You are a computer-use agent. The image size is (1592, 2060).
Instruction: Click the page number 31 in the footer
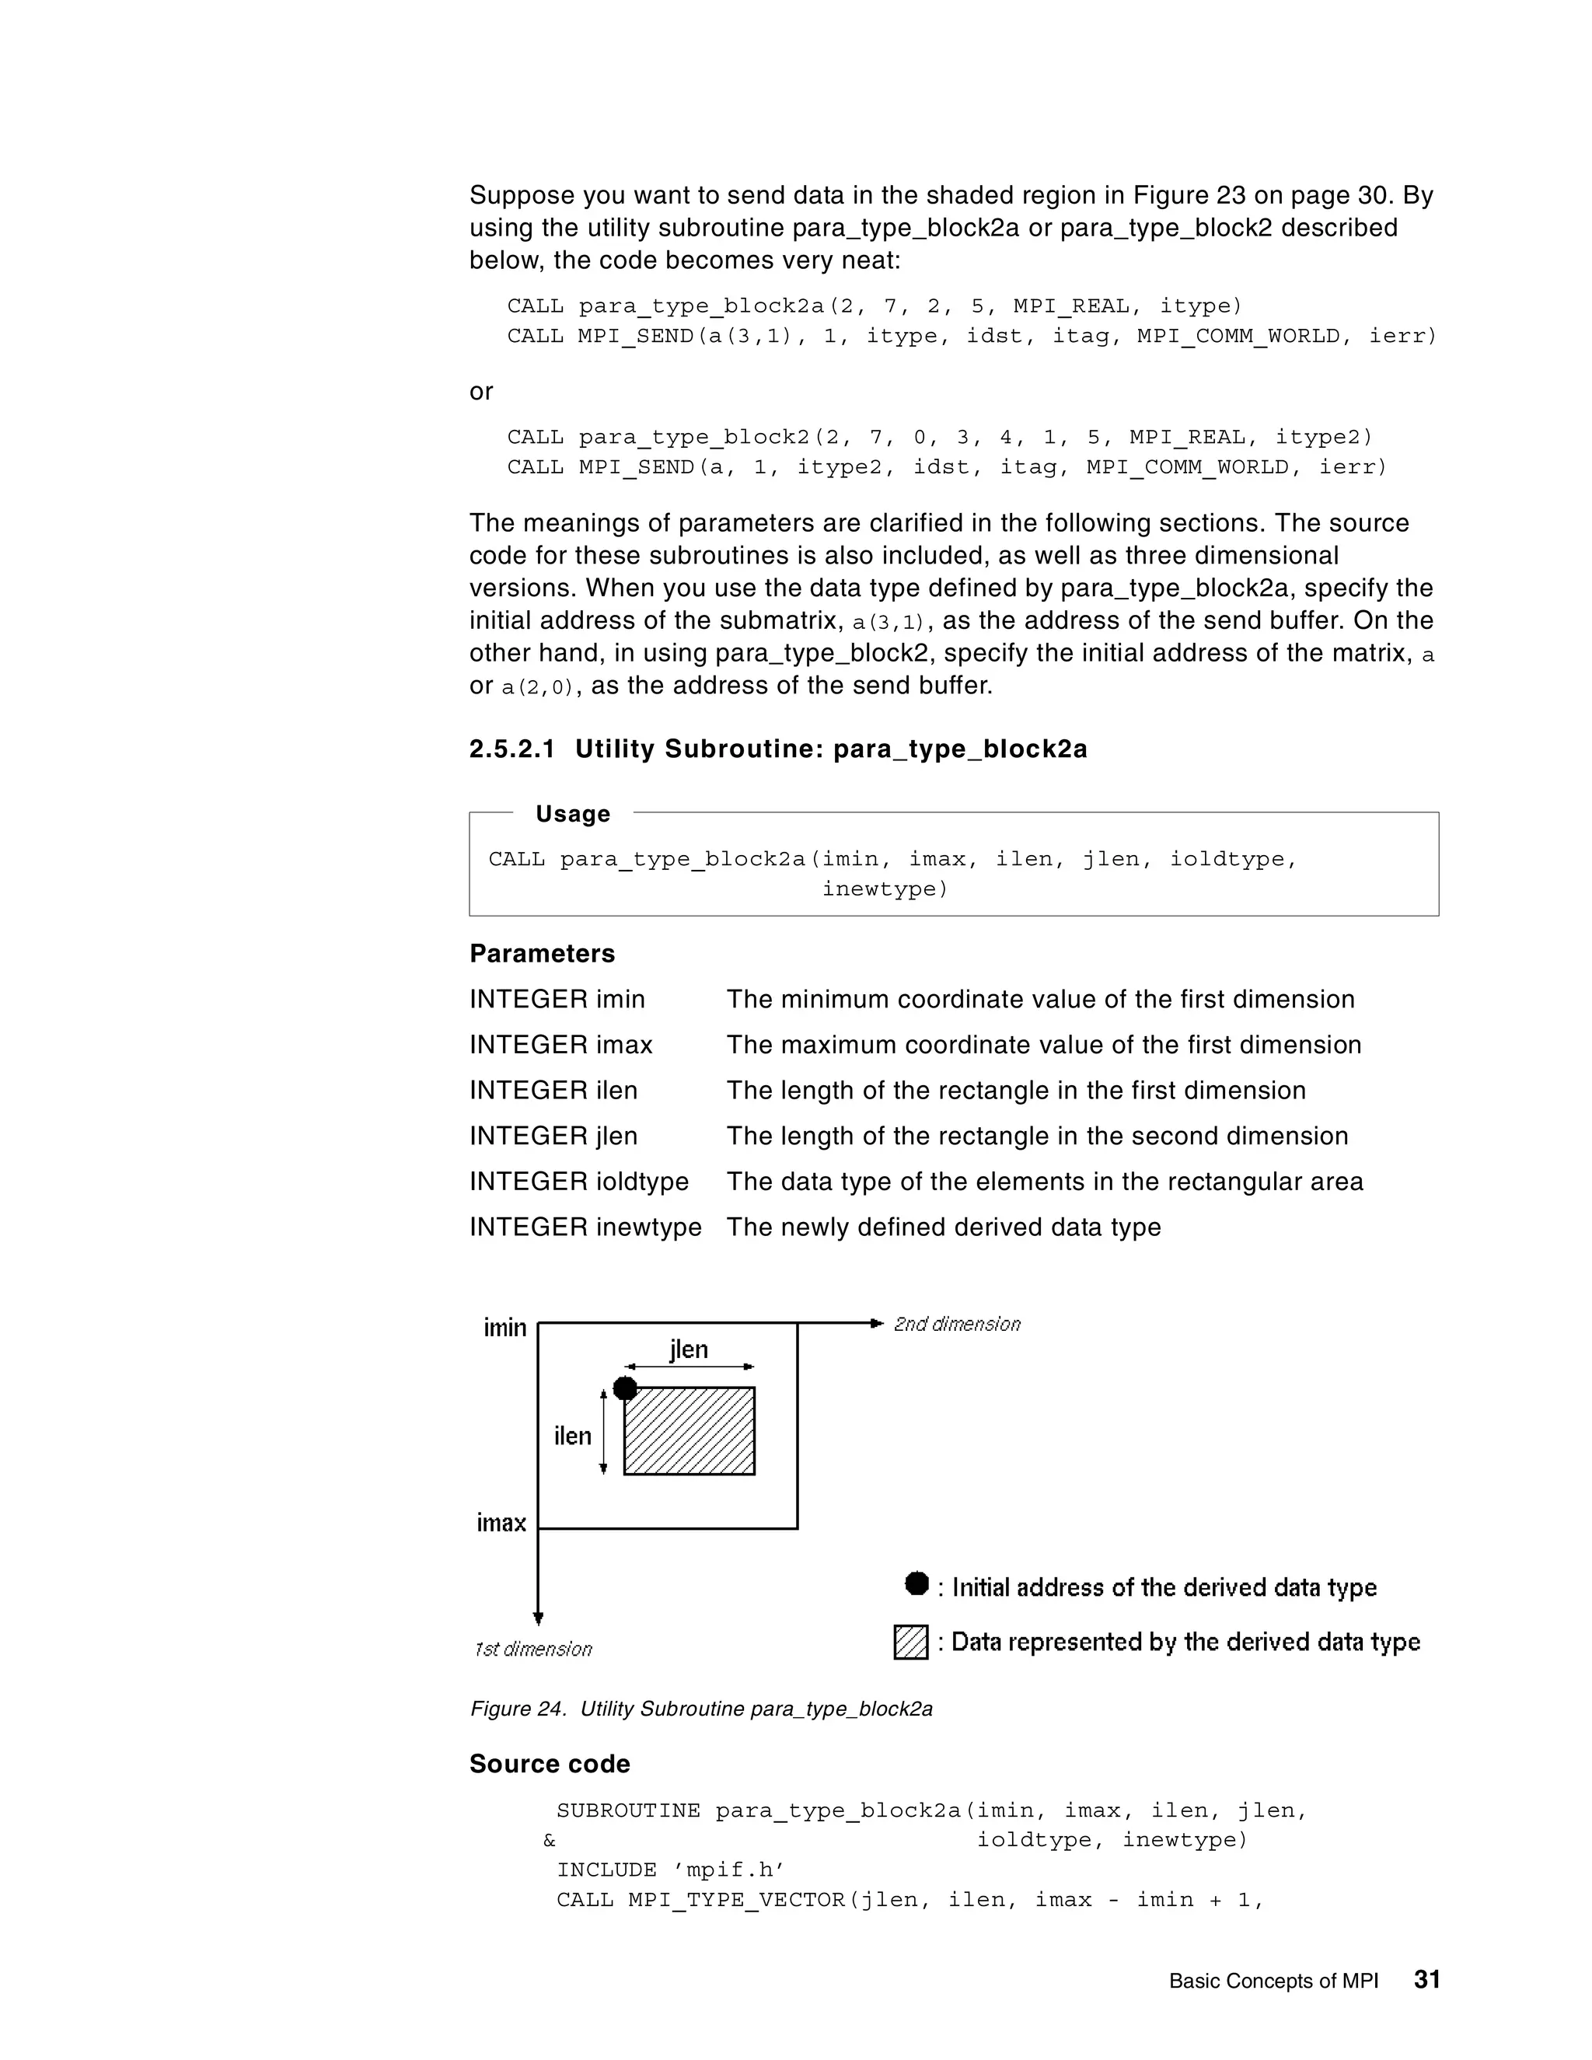[1426, 1979]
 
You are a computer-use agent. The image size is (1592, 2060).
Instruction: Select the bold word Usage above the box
[572, 813]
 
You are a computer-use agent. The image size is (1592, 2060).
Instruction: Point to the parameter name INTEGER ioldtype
[579, 1181]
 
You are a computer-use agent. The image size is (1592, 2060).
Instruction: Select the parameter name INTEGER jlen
[553, 1136]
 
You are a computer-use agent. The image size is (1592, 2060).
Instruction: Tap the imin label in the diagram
[504, 1327]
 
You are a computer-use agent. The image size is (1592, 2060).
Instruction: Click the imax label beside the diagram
[501, 1522]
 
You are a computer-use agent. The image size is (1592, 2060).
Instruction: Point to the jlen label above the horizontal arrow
[689, 1349]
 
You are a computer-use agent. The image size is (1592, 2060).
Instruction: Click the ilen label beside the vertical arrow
[572, 1436]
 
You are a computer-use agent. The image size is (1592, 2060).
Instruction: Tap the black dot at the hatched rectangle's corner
[624, 1388]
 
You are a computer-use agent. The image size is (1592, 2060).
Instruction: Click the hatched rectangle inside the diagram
[690, 1431]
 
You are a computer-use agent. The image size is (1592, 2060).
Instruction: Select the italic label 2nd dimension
[956, 1325]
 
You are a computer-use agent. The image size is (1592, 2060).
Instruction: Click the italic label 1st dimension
[532, 1649]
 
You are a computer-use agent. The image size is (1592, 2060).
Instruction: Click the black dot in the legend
[916, 1583]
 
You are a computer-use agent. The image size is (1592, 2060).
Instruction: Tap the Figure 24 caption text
[700, 1709]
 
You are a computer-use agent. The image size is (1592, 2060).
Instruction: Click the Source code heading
[550, 1764]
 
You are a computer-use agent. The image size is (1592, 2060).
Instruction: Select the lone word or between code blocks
[481, 392]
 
